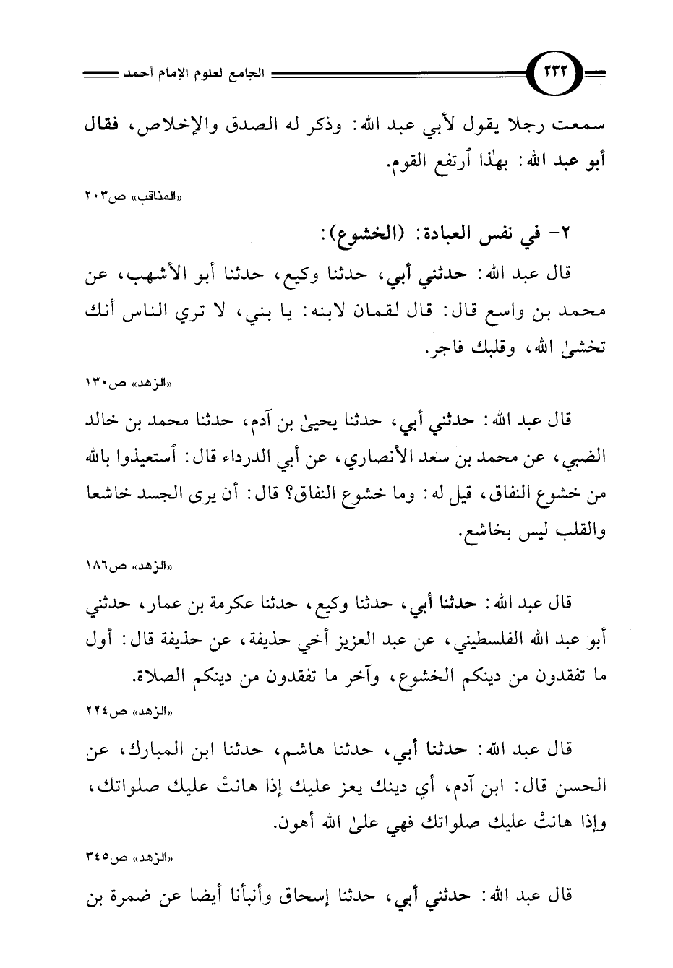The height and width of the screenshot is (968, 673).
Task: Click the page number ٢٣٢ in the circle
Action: coord(556,74)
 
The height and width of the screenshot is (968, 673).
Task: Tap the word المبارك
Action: coord(163,750)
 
